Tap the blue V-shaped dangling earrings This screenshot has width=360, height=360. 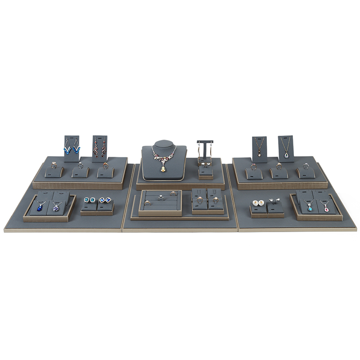tap(72, 147)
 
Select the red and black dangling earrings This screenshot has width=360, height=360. tap(99, 147)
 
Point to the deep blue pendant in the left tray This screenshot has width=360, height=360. tap(40, 207)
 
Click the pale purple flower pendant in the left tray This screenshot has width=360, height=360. tap(56, 207)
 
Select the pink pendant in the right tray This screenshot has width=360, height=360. tap(325, 208)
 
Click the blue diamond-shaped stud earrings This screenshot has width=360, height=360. tap(105, 200)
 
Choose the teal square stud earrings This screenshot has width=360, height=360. tap(90, 200)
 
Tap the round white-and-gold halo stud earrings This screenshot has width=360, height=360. tap(258, 203)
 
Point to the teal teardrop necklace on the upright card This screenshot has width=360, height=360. tap(286, 154)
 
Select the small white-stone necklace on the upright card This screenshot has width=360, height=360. tap(259, 153)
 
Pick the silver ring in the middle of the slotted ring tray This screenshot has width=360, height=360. tap(161, 197)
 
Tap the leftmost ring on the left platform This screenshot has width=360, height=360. tap(54, 165)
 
